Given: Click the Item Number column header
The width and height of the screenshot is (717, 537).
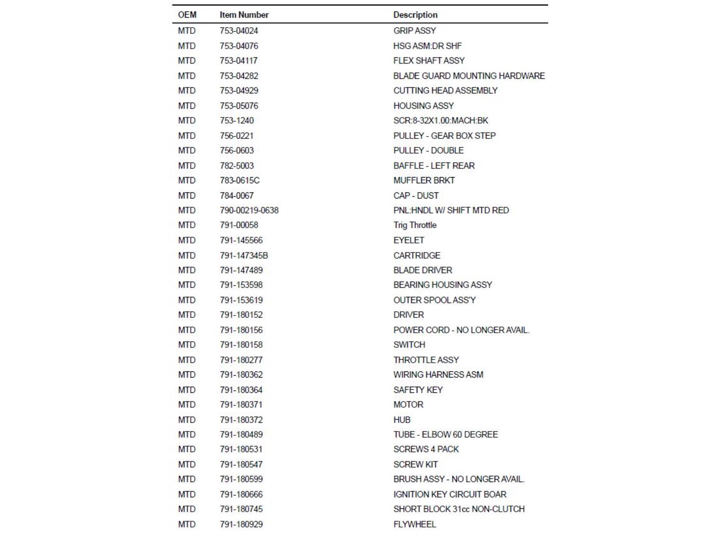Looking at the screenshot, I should pyautogui.click(x=244, y=15).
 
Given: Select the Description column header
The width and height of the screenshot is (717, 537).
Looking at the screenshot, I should pyautogui.click(x=415, y=15).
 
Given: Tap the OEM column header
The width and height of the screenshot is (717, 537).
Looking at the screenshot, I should pyautogui.click(x=187, y=15).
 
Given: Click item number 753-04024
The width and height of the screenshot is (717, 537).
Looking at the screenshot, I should pyautogui.click(x=239, y=31).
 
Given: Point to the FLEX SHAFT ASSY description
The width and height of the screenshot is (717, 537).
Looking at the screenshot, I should pyautogui.click(x=429, y=61).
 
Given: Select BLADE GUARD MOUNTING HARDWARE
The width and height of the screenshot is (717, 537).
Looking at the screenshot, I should pyautogui.click(x=468, y=76).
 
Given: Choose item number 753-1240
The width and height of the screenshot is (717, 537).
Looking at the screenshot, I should pyautogui.click(x=237, y=120).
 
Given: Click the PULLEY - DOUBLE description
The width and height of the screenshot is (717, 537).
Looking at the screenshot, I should pyautogui.click(x=428, y=150).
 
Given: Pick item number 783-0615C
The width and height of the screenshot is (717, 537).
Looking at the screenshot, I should pyautogui.click(x=239, y=180).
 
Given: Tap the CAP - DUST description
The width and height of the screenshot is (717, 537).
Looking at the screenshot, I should pyautogui.click(x=416, y=196).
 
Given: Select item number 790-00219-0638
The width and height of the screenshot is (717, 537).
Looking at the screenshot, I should pyautogui.click(x=249, y=211).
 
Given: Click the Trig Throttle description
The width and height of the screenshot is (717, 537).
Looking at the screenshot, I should pyautogui.click(x=414, y=225).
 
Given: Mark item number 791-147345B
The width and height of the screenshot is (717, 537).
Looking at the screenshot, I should pyautogui.click(x=244, y=255).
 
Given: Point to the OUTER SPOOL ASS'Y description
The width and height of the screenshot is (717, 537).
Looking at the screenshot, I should pyautogui.click(x=434, y=300).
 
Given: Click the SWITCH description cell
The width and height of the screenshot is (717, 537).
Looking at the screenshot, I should pyautogui.click(x=409, y=345).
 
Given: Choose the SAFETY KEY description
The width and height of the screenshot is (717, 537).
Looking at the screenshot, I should pyautogui.click(x=418, y=390).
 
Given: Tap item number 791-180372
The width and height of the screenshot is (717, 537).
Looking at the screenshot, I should pyautogui.click(x=241, y=420).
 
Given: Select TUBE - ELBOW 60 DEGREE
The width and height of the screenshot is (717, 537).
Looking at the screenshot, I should pyautogui.click(x=445, y=435).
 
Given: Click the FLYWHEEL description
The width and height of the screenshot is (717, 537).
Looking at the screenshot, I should pyautogui.click(x=414, y=524).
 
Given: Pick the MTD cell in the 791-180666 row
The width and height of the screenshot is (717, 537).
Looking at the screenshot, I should pyautogui.click(x=187, y=495).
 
